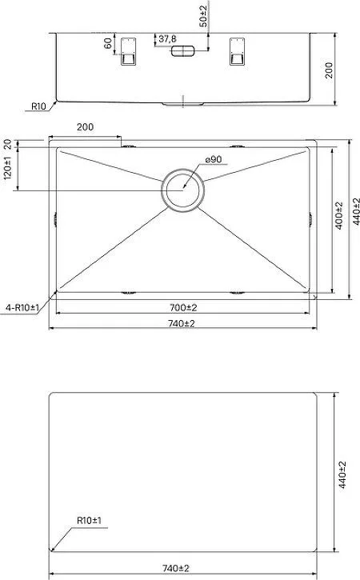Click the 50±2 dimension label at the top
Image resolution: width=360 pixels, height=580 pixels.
tap(203, 14)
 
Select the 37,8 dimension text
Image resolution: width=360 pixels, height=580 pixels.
tap(168, 38)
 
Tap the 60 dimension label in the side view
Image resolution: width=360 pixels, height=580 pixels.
tap(108, 43)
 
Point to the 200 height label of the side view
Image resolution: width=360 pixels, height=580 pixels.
tap(329, 70)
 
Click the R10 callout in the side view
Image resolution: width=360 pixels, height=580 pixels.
tap(38, 106)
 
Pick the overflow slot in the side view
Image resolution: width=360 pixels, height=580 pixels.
tap(182, 51)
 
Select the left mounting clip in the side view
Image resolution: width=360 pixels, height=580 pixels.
tap(128, 51)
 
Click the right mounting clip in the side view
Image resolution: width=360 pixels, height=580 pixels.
tap(237, 51)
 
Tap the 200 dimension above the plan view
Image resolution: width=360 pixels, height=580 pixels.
tap(85, 127)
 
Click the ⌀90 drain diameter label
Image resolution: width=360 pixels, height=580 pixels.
tap(214, 159)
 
